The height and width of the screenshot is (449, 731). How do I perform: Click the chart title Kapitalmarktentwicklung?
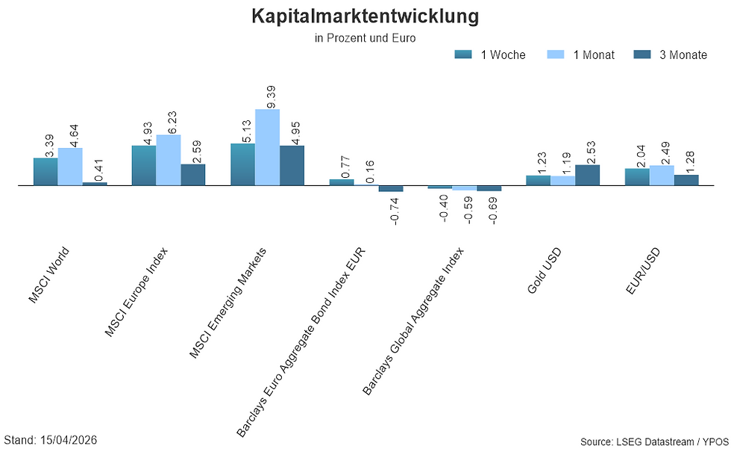365,16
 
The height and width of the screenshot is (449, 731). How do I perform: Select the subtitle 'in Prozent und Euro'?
365,37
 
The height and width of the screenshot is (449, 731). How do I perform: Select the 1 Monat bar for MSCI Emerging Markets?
267,147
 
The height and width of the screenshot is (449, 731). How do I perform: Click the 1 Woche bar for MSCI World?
46,171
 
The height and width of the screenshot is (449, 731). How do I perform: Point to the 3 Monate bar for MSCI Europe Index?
192,174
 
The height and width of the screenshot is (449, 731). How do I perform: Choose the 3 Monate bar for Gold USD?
587,175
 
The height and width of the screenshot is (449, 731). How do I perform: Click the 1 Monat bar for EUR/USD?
661,175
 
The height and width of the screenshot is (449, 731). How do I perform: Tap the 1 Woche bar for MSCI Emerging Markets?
242,164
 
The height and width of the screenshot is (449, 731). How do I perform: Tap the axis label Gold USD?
545,270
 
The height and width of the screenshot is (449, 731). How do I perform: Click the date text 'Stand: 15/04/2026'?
51,440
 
